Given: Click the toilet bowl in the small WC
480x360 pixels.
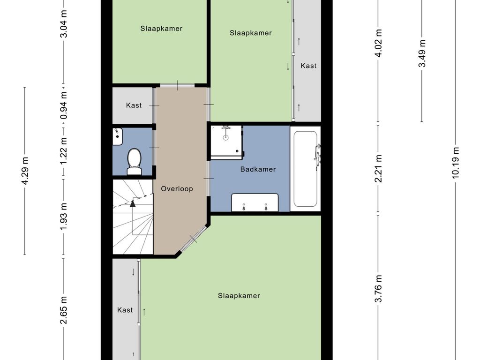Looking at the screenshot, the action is tap(134, 161).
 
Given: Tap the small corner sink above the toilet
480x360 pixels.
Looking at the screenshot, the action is tap(118, 136).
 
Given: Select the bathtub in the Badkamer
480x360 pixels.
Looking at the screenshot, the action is tap(305, 169).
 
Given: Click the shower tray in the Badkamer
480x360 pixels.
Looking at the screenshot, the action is tap(226, 142).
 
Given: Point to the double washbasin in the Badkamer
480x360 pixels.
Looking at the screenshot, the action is tap(255, 202).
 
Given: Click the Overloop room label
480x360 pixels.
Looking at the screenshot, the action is tap(177, 188).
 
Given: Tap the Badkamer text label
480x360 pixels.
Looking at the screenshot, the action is tap(258, 169).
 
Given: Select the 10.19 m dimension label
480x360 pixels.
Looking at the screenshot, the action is tap(456, 163).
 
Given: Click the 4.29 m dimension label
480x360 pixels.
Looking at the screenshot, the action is tap(25, 171).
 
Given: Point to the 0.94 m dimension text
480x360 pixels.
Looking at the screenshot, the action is tap(64, 105).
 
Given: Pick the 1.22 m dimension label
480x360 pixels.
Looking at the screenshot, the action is tap(64, 150).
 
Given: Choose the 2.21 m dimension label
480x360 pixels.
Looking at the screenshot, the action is tap(379, 169).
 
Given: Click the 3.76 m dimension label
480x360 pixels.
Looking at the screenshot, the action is tap(379, 289).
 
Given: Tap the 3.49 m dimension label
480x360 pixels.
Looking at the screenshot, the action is tap(422, 53).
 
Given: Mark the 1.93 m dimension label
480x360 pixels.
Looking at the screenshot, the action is tap(64, 216).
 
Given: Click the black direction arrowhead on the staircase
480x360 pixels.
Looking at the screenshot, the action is tap(133, 203).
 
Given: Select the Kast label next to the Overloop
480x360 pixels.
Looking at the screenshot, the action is tap(134, 105).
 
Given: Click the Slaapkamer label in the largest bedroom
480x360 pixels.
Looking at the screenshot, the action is tap(239, 296).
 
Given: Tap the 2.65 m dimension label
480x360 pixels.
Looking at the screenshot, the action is tap(64, 310).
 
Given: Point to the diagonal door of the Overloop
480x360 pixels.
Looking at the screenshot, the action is tap(194, 239).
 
